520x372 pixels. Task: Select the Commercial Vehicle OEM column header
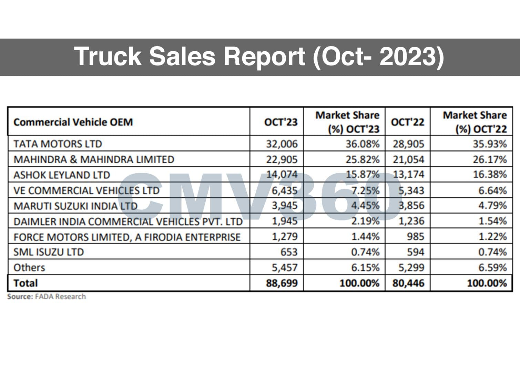73,122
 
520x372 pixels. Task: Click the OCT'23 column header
281,122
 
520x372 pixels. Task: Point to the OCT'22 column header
407,122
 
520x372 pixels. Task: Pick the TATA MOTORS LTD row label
58,144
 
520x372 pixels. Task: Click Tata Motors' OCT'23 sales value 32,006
282,144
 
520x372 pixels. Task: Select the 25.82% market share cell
362,159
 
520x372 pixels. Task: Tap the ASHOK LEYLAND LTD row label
61,175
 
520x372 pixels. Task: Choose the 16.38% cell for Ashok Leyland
489,175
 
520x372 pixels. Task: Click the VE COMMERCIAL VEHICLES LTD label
86,190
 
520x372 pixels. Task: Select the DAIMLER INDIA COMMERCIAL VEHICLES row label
128,221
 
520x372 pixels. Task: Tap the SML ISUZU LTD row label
48,252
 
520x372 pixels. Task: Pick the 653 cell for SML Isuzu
288,252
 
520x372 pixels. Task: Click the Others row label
29,268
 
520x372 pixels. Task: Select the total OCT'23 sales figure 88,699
282,283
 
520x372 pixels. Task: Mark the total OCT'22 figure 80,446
408,283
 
